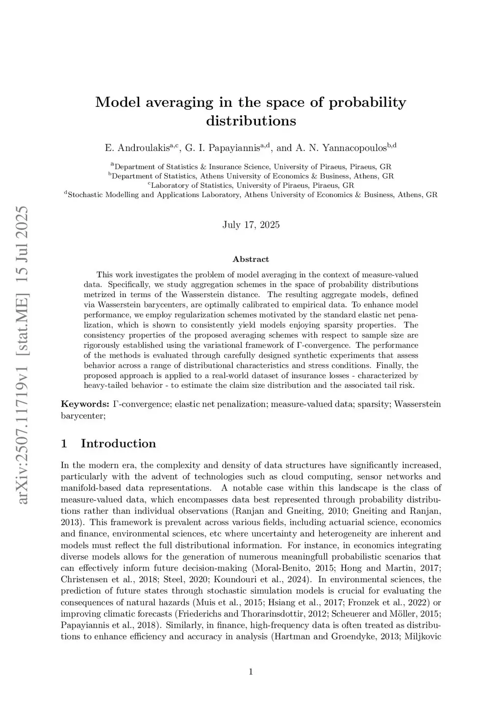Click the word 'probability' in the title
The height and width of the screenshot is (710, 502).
pos(367,103)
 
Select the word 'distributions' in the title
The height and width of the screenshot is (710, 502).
pos(251,121)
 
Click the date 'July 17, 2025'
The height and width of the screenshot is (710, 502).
pos(251,225)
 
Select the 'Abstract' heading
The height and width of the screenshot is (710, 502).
pos(251,259)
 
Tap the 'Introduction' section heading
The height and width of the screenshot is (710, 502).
pos(118,444)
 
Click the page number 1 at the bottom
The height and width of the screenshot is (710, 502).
pos(251,672)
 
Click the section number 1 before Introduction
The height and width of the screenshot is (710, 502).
pos(64,444)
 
